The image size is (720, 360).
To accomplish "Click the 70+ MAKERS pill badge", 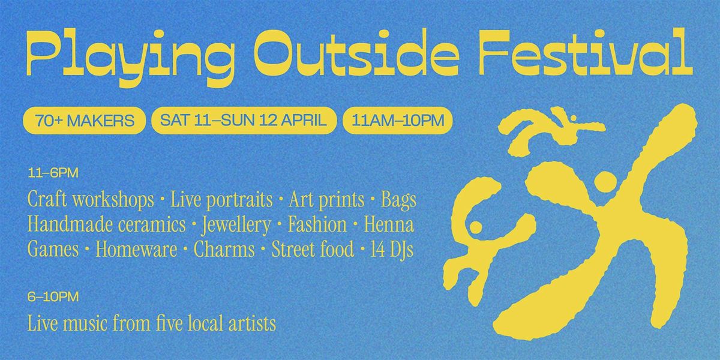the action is [x=85, y=121].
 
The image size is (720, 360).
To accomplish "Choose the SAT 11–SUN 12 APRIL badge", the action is [x=244, y=121].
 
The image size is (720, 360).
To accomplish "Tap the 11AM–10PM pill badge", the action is [x=398, y=121].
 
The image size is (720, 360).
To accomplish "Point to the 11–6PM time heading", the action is [x=53, y=173].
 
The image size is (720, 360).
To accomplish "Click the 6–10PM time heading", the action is [x=53, y=296].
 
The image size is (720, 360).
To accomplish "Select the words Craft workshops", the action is [x=91, y=200].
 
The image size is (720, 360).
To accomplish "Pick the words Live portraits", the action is [x=221, y=200].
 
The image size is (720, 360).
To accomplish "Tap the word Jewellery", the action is [x=236, y=225].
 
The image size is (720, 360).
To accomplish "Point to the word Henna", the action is [x=389, y=224].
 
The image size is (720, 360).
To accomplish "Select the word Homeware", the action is [x=136, y=249].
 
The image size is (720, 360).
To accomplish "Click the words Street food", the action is [x=313, y=249].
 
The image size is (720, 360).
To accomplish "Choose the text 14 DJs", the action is [x=392, y=250].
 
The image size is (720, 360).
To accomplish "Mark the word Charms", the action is [x=224, y=249].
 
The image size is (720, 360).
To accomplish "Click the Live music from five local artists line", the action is [x=152, y=323].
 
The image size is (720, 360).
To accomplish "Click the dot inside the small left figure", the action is [x=476, y=227].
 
